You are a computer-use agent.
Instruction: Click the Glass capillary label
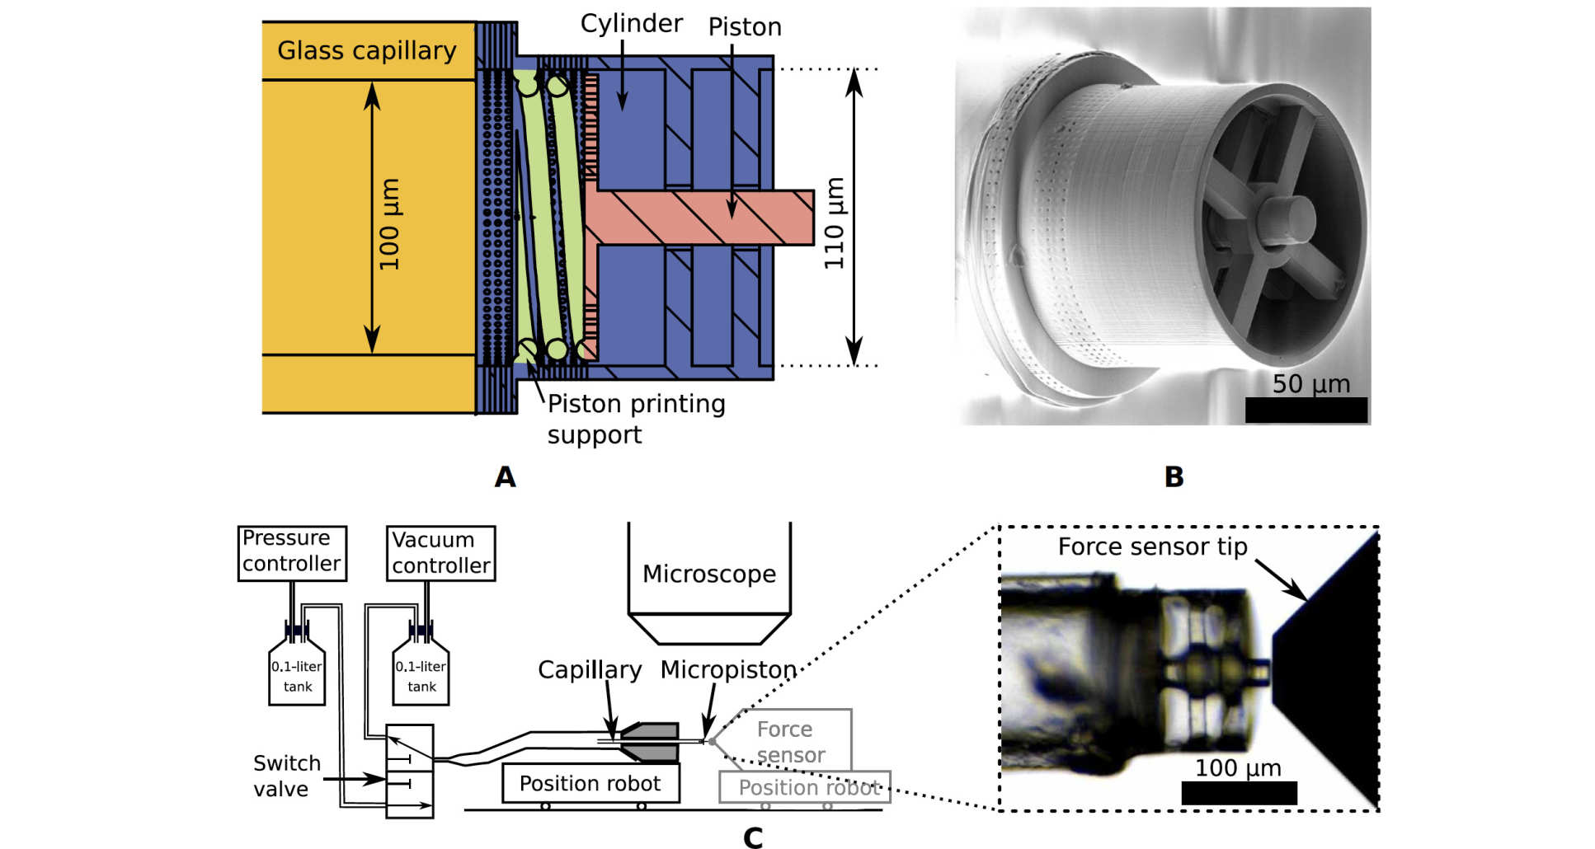click(366, 51)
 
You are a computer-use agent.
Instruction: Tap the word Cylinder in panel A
click(631, 23)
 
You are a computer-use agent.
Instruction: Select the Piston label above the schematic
click(745, 27)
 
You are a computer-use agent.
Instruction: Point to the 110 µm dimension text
click(835, 223)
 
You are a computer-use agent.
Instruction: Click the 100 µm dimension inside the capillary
click(389, 224)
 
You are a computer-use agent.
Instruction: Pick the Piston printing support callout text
click(636, 419)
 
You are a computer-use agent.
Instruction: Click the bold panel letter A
click(505, 477)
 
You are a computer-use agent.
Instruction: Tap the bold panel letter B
click(1174, 477)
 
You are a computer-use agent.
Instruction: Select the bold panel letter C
click(752, 837)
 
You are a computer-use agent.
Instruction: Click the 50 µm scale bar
click(1306, 410)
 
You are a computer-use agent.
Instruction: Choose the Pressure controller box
click(292, 552)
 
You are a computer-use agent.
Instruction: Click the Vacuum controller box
click(440, 553)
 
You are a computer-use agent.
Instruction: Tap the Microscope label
click(709, 574)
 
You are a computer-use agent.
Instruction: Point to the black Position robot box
click(590, 783)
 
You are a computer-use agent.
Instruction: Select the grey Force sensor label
click(788, 742)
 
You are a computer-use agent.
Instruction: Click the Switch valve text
click(285, 776)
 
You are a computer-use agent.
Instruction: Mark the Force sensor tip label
click(1152, 547)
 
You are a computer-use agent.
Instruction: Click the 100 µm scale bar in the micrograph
click(1239, 793)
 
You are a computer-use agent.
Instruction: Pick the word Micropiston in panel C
click(728, 669)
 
